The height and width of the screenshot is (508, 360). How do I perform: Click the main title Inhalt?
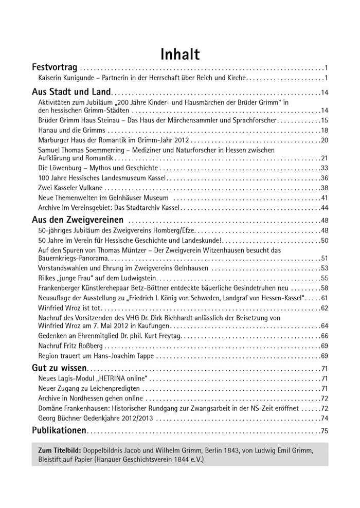[x=180, y=53]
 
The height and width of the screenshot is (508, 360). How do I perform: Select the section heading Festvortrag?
[x=55, y=67]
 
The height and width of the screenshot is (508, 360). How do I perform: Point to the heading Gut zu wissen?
[x=59, y=368]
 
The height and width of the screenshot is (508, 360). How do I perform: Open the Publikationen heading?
[x=59, y=430]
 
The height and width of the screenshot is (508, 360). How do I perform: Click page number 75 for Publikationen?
[x=324, y=431]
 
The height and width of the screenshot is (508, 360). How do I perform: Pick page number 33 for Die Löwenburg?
[x=324, y=168]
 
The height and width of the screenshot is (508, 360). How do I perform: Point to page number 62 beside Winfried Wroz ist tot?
[x=324, y=308]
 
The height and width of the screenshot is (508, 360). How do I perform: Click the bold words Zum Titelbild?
[x=60, y=450]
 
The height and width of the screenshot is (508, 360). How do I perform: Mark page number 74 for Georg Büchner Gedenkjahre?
[x=324, y=418]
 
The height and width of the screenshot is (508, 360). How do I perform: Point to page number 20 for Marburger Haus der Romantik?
[x=324, y=140]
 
